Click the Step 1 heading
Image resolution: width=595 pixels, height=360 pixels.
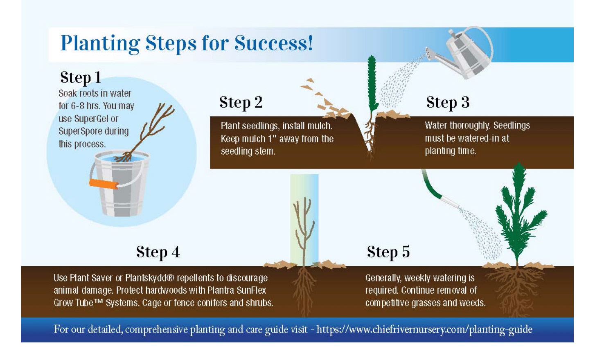[x=80, y=77]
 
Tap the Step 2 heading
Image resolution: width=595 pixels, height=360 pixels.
[x=241, y=102]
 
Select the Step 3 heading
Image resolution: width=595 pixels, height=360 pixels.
[x=447, y=102]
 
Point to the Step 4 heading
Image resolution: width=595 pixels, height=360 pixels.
[x=158, y=252]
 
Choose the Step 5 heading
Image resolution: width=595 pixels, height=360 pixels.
[x=388, y=252]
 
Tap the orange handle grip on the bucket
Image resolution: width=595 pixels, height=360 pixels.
[x=104, y=184]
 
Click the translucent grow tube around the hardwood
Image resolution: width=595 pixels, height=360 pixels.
[x=304, y=219]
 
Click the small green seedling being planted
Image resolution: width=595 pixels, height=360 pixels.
[x=372, y=86]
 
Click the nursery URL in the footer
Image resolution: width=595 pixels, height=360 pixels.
[x=424, y=329]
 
